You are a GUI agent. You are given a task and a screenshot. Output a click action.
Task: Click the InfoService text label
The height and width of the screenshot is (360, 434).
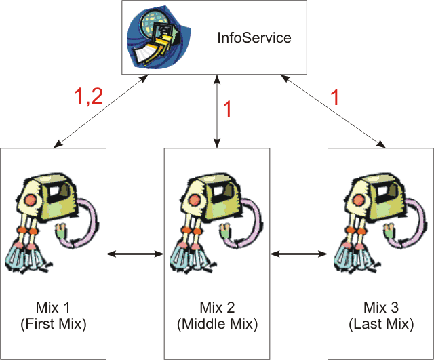click(x=254, y=38)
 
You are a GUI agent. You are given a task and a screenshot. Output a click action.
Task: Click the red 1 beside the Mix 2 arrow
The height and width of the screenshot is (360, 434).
click(x=227, y=109)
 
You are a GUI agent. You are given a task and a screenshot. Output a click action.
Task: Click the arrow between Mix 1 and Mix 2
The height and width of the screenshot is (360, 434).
click(x=136, y=254)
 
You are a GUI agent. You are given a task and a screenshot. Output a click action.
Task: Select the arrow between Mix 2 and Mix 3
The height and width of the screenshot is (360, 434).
click(x=299, y=254)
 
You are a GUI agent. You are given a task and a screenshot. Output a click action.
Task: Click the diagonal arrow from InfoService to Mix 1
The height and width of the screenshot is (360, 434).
click(x=100, y=111)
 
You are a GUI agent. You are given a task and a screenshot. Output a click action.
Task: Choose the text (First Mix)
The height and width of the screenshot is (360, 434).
click(x=54, y=324)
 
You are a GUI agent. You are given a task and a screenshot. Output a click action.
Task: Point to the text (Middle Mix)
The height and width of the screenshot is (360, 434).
click(x=217, y=324)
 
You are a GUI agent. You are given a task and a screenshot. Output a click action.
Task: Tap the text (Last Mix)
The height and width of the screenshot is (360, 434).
click(x=380, y=324)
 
